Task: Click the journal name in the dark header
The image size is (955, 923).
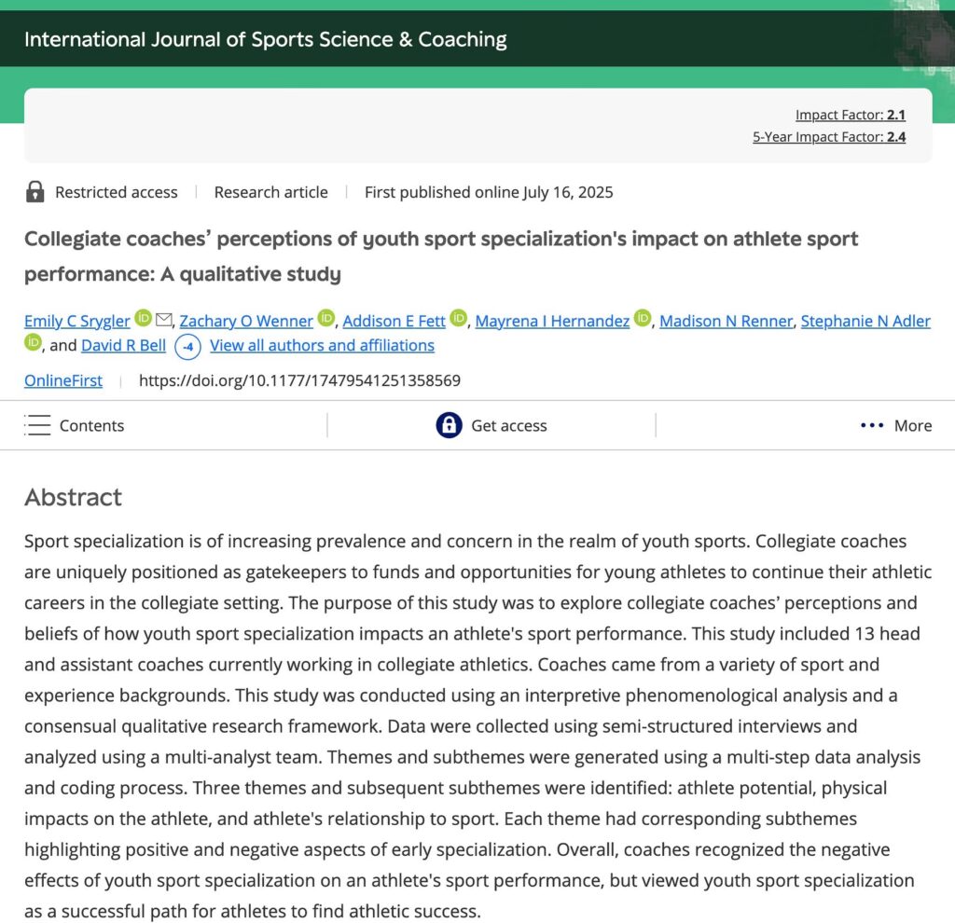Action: tap(266, 39)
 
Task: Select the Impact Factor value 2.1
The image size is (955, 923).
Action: tap(895, 116)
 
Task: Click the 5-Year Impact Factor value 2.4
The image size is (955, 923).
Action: tap(895, 137)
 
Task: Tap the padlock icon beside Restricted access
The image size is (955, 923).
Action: tap(35, 192)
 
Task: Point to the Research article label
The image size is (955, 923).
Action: tap(270, 192)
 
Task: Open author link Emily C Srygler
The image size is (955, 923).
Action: tap(77, 321)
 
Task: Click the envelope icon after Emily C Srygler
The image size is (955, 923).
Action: tap(164, 320)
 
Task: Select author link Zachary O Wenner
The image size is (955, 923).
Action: tap(246, 321)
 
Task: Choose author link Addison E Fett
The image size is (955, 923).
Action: tap(394, 321)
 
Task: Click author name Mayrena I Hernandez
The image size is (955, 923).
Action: tap(552, 321)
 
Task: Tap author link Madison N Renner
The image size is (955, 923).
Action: tap(727, 321)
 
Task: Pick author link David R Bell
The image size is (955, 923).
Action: tap(123, 345)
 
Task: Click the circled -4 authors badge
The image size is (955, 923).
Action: tap(188, 347)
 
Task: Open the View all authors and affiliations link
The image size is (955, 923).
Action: tap(322, 345)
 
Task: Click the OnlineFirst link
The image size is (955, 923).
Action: tap(63, 380)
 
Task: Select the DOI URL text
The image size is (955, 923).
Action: tap(299, 380)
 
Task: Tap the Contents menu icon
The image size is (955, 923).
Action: tap(38, 425)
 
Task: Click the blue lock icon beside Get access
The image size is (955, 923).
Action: tap(449, 425)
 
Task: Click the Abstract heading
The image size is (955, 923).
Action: tap(73, 497)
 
